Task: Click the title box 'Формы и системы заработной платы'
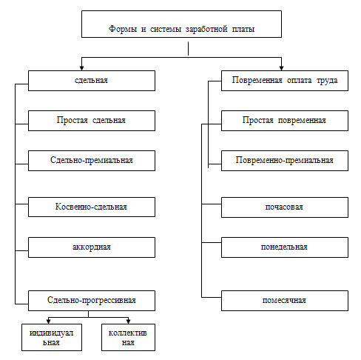(181, 24)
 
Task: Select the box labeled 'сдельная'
(92, 81)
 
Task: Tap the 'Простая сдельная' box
(92, 121)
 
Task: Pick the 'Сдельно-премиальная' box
(92, 161)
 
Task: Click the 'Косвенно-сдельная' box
(92, 207)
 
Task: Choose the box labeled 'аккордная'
(92, 247)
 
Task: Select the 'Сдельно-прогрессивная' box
(92, 301)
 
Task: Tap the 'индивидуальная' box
(52, 337)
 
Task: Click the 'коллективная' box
(128, 337)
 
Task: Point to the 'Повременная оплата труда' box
(285, 81)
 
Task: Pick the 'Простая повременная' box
(285, 121)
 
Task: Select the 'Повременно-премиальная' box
(285, 161)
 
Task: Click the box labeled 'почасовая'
(285, 207)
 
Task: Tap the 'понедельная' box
(285, 247)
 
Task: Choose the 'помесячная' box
(285, 301)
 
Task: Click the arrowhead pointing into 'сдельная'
(82, 68)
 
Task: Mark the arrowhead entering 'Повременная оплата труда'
(281, 68)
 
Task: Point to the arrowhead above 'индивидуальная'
(49, 321)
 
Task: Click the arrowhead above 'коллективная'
(128, 321)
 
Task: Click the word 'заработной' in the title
(206, 29)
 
